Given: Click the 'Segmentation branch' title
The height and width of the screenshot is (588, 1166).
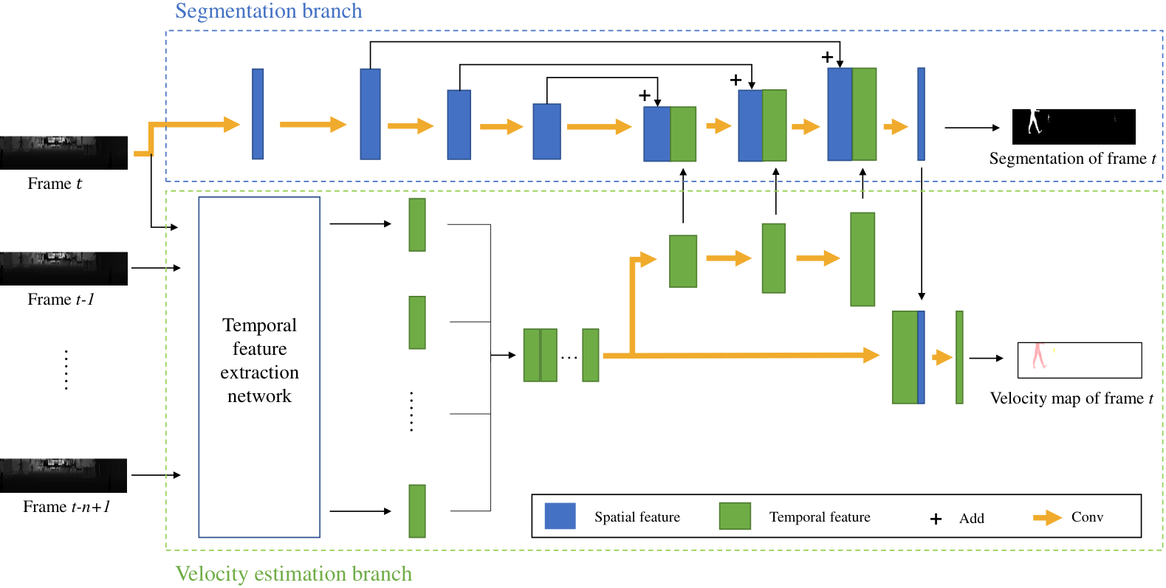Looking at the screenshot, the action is tap(268, 11).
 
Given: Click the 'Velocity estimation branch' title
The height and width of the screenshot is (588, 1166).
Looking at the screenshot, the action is tap(294, 573).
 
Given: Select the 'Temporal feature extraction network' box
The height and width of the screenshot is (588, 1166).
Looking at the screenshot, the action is tap(259, 367).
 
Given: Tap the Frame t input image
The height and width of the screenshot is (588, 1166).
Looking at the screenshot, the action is tap(64, 153).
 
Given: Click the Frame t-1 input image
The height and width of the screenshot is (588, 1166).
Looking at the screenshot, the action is tap(64, 269).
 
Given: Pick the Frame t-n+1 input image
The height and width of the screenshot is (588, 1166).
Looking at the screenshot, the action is tap(64, 475).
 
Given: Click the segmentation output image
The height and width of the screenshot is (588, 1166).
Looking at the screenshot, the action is tap(1074, 127).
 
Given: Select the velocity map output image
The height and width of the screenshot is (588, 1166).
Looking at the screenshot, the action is tap(1080, 360).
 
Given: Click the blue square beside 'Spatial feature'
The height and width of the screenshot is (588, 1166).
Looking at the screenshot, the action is tap(560, 516).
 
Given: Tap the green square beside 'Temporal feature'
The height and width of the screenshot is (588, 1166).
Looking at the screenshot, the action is tap(735, 516).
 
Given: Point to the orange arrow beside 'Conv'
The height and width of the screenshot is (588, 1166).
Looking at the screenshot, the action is tap(1047, 517).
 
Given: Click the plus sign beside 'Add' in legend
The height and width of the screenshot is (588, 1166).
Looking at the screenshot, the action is tap(936, 519).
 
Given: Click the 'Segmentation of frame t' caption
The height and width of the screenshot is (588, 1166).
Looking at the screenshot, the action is tap(1072, 159).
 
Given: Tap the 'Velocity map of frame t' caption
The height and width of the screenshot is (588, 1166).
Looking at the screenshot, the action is tap(1071, 398).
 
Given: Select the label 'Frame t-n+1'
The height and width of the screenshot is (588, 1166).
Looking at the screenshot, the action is tap(66, 506).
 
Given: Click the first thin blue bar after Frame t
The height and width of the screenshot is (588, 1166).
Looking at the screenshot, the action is tap(258, 114).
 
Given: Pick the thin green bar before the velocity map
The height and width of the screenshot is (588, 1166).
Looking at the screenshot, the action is tap(959, 357).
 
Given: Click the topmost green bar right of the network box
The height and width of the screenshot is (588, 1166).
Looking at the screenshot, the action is tap(417, 224).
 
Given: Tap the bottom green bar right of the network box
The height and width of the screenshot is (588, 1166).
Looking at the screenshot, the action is tap(417, 511).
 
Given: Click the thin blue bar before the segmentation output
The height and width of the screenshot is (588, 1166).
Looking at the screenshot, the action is tap(921, 114).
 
